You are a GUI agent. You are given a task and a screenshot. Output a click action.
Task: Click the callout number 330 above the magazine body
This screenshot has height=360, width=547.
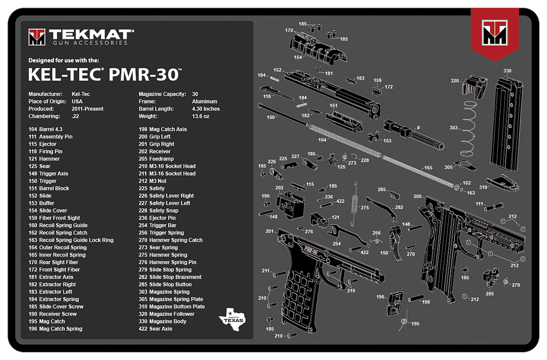click(507, 71)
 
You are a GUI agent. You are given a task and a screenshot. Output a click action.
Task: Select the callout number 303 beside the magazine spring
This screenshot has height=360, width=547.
click(453, 128)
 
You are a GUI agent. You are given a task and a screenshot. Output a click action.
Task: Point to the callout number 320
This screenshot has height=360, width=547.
click(454, 81)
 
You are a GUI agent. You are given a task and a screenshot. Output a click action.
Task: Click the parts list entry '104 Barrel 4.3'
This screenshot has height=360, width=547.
click(45, 129)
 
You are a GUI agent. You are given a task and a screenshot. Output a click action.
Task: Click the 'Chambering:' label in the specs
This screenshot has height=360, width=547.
click(43, 116)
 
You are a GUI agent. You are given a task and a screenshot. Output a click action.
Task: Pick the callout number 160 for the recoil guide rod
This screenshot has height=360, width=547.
click(270, 117)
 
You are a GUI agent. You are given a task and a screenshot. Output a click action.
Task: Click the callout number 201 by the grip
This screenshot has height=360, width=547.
click(269, 231)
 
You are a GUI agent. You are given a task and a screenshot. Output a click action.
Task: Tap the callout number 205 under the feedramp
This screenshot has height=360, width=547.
click(490, 294)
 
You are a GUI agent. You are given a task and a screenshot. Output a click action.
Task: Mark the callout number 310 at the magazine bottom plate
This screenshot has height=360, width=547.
click(483, 187)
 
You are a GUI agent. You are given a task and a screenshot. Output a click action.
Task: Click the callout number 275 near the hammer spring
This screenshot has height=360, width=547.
click(364, 208)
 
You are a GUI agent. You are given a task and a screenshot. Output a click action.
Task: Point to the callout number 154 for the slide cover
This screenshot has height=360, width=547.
click(298, 57)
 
